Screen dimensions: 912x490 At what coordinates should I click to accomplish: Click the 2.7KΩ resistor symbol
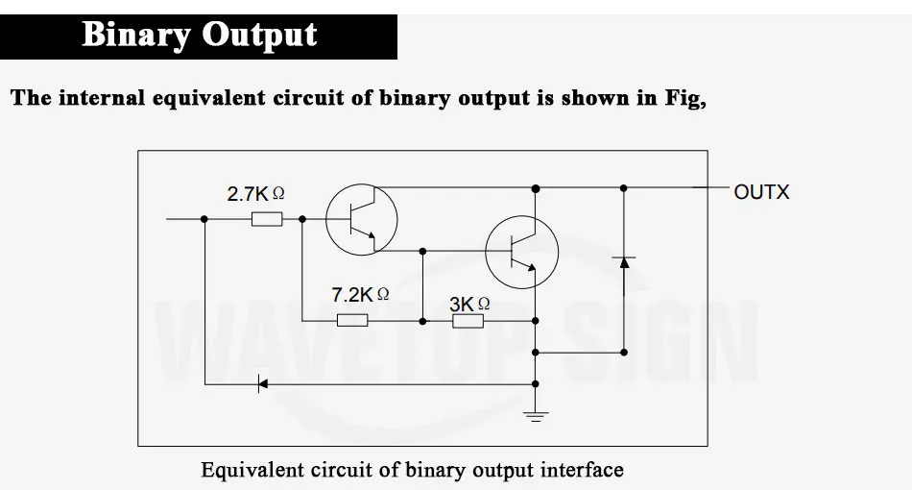click(x=267, y=219)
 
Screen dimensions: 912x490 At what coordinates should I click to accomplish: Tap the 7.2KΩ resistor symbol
click(x=352, y=320)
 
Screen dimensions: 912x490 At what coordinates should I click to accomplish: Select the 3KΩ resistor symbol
click(x=468, y=321)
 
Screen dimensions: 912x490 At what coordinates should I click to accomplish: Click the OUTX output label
click(x=761, y=192)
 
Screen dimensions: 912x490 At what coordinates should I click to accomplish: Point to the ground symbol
click(x=535, y=416)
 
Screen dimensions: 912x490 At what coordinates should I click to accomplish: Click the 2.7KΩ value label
click(x=255, y=194)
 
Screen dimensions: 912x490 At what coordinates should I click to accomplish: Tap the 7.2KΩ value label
click(x=360, y=294)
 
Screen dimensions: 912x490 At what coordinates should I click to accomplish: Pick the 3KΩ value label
click(x=469, y=304)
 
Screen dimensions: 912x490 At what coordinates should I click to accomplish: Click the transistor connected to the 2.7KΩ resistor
click(x=362, y=219)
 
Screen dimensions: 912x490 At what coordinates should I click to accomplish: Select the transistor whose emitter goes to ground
click(x=521, y=252)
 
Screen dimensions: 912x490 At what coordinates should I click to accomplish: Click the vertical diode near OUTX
click(x=624, y=262)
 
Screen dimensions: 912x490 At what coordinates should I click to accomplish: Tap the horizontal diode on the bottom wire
click(x=262, y=384)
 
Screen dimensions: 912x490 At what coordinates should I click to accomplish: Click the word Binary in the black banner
click(x=136, y=36)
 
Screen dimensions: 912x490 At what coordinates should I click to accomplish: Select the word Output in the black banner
click(x=259, y=36)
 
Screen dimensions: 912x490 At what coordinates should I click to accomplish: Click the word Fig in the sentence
click(x=684, y=98)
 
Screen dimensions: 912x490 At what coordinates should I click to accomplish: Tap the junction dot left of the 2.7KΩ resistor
click(x=204, y=219)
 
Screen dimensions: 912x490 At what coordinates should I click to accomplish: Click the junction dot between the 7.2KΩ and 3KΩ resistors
click(x=422, y=321)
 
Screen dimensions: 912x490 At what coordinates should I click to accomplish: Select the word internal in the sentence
click(x=102, y=97)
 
